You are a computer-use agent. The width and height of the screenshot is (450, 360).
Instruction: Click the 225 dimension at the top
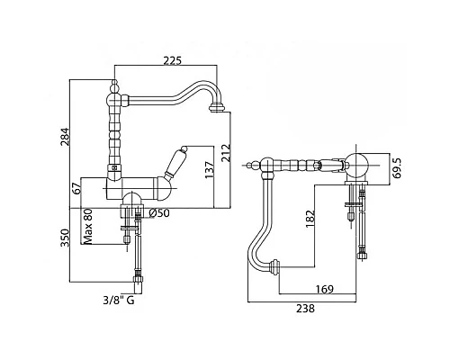pyautogui.click(x=173, y=61)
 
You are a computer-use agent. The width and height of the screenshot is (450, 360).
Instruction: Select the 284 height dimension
pyautogui.click(x=65, y=137)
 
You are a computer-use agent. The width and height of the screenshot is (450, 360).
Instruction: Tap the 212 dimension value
pyautogui.click(x=226, y=153)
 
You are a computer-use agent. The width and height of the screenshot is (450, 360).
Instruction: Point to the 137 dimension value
pyautogui.click(x=210, y=170)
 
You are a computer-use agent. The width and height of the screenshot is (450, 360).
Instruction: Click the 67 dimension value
pyautogui.click(x=77, y=188)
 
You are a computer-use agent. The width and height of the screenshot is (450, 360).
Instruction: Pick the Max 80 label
pyautogui.click(x=88, y=226)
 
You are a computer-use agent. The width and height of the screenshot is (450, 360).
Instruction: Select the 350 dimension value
pyautogui.click(x=65, y=238)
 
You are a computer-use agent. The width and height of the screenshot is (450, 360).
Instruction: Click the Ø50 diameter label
pyautogui.click(x=159, y=213)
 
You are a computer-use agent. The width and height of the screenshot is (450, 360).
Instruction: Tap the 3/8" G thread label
pyautogui.click(x=119, y=300)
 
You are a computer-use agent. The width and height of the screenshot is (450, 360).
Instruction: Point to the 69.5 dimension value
pyautogui.click(x=398, y=167)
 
